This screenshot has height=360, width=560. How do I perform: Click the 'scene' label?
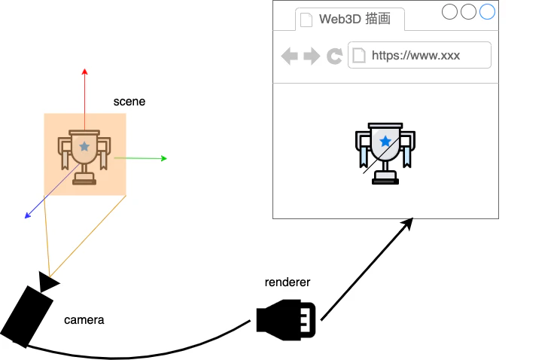tap(129, 101)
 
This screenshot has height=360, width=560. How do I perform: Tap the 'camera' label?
tap(84, 320)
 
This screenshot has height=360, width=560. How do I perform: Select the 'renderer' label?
tap(288, 282)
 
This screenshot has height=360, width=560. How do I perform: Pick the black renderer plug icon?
tap(286, 319)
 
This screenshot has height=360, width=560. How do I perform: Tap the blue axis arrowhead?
tap(28, 216)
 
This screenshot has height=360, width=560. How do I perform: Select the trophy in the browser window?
tap(385, 154)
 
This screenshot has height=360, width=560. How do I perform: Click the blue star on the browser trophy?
tap(385, 142)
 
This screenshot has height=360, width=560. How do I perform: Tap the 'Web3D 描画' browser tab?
tap(350, 20)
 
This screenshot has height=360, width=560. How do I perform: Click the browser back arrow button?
tap(289, 56)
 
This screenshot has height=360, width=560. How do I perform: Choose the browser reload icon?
tap(334, 56)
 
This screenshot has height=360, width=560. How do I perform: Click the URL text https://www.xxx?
tap(415, 55)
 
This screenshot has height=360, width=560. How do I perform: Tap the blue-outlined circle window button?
tap(487, 11)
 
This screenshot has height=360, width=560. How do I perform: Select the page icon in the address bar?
tap(359, 55)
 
